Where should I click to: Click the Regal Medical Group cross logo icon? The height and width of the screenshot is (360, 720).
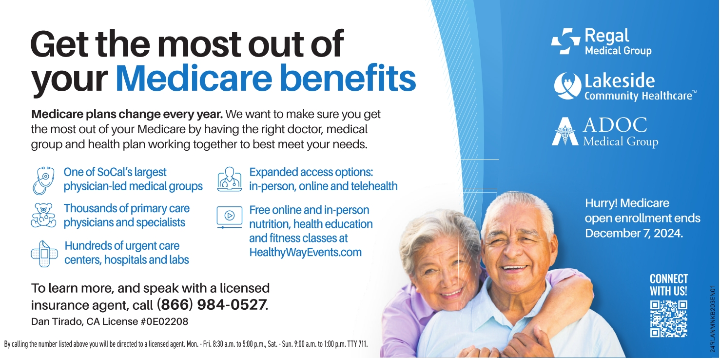pos(565,41)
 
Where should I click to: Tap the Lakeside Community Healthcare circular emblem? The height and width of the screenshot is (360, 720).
pos(567,86)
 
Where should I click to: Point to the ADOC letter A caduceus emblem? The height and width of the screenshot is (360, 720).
pos(565,132)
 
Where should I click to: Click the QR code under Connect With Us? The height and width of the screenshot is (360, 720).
pos(669,319)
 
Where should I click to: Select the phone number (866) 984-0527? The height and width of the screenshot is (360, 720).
pos(212,304)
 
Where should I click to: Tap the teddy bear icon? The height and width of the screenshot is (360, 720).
pos(43,215)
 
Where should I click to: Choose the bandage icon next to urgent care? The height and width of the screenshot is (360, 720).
pos(44,254)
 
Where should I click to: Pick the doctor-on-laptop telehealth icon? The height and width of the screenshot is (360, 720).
pos(230,179)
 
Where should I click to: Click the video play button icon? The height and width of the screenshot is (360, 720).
pos(230,217)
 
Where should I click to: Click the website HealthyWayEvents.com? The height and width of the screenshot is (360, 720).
pos(305,252)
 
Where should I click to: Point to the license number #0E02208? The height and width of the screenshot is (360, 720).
pos(165,321)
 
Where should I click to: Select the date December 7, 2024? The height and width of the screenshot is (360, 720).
pos(634,233)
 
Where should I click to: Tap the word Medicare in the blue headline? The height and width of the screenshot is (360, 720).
pos(194,78)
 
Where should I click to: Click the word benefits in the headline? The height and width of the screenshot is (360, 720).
pos(348,78)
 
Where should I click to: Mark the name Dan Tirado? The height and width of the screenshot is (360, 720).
pos(56,321)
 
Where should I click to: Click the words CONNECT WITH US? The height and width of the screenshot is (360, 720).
pos(669,285)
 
